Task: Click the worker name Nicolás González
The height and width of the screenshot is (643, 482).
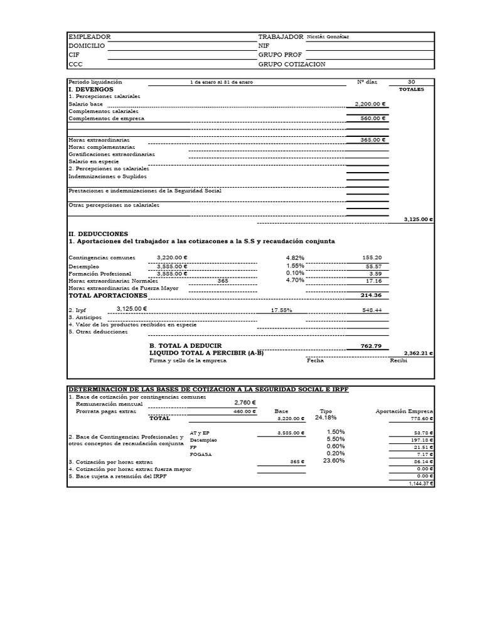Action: click(328, 37)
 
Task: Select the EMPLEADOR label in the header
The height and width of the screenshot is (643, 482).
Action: click(89, 37)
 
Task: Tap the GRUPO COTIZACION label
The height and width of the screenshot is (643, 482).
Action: click(292, 64)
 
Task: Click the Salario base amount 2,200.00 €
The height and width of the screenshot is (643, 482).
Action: click(370, 105)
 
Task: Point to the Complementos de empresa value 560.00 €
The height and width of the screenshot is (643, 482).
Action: click(372, 118)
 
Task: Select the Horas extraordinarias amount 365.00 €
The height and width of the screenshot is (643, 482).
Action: click(372, 140)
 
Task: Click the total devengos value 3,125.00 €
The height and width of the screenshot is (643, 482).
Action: click(418, 220)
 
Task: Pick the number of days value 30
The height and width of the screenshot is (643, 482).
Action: click(411, 82)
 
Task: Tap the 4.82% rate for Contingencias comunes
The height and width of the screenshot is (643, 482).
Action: click(295, 257)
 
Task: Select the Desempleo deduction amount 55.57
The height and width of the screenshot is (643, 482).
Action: click(373, 266)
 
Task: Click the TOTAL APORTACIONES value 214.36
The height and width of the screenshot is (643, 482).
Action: click(371, 295)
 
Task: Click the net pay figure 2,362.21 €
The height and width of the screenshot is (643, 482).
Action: click(418, 354)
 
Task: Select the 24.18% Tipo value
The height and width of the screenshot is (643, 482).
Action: click(326, 418)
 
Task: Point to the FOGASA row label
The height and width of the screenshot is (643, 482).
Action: click(199, 454)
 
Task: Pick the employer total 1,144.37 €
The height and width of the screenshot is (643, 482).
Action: click(420, 484)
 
